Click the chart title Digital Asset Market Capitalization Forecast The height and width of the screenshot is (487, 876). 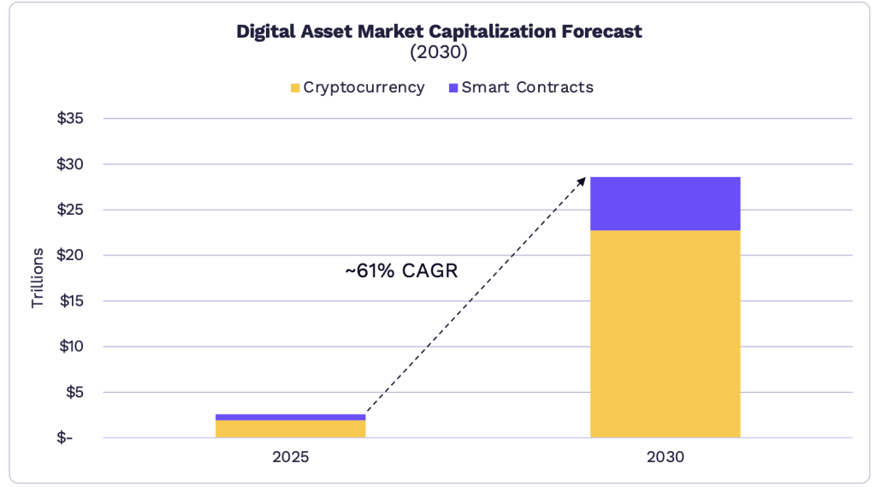438,33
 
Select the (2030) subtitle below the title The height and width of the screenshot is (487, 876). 438,53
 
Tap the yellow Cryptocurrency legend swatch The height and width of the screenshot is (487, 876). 295,87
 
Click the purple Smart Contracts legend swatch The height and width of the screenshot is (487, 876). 453,87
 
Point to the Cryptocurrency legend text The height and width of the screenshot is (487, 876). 364,87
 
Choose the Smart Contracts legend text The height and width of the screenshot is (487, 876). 527,87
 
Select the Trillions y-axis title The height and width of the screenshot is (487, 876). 38,278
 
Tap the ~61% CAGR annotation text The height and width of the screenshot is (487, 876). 401,271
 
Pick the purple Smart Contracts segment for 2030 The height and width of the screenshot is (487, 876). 665,204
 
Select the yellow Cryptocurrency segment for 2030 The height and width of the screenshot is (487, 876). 665,334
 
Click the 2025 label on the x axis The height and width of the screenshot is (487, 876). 290,458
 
